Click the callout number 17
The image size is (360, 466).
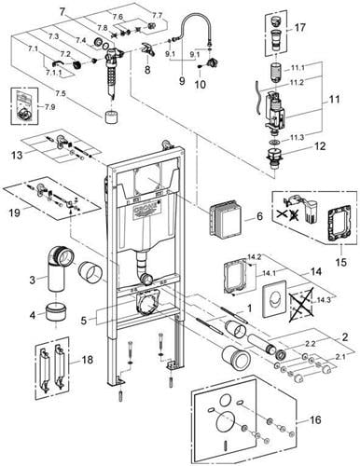[300, 28]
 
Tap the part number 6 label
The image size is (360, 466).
[259, 216]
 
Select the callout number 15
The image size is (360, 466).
[341, 262]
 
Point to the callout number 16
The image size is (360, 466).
[315, 419]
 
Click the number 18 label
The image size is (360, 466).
[88, 360]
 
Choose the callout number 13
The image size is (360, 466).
[17, 155]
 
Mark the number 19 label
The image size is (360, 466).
[15, 212]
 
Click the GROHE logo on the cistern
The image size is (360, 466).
[146, 211]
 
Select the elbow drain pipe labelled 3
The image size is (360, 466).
[60, 267]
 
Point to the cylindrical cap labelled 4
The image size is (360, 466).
[56, 313]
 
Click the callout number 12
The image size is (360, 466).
[320, 146]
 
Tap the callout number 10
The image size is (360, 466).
[201, 84]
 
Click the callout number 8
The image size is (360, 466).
[147, 70]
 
